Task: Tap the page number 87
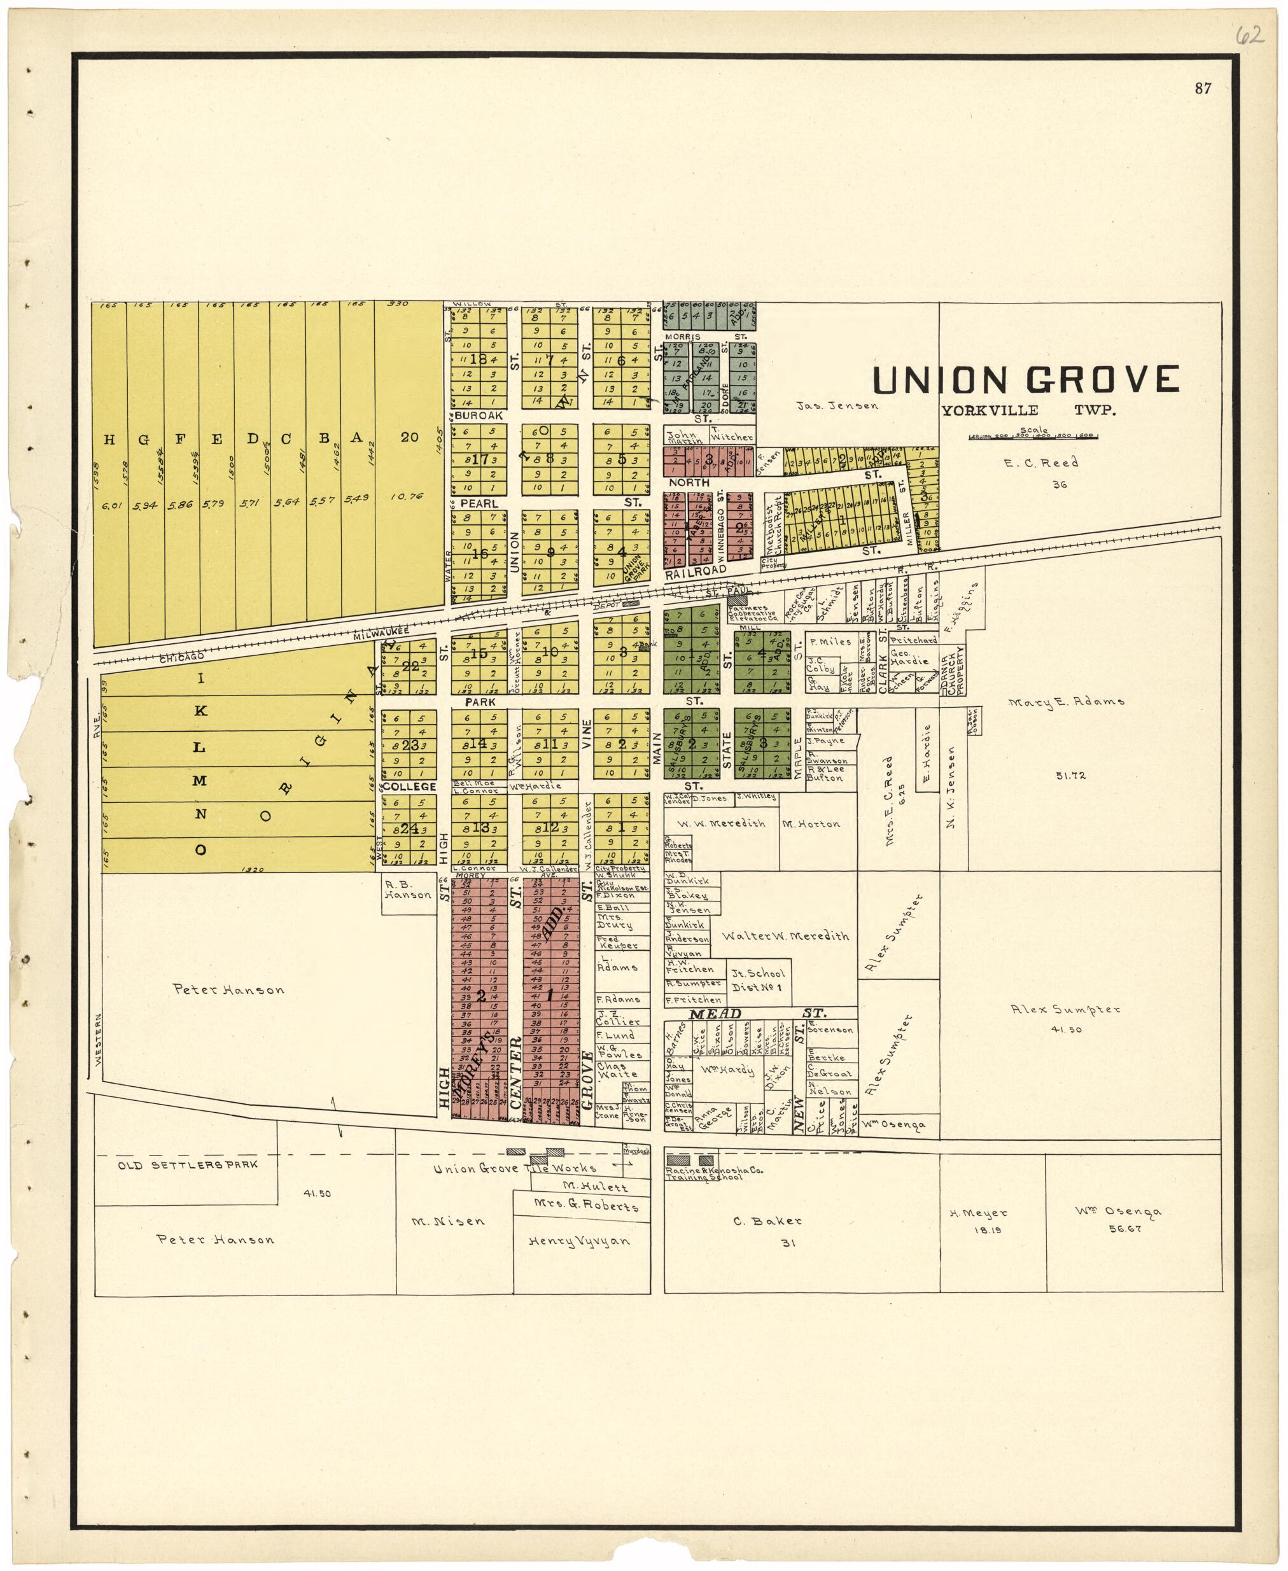(1203, 89)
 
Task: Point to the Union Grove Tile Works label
(515, 1169)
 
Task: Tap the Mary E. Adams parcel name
(1066, 701)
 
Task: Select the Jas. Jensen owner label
(837, 406)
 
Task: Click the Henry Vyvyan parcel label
(578, 1241)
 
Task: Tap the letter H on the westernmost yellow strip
(109, 440)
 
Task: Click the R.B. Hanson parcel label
(408, 890)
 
